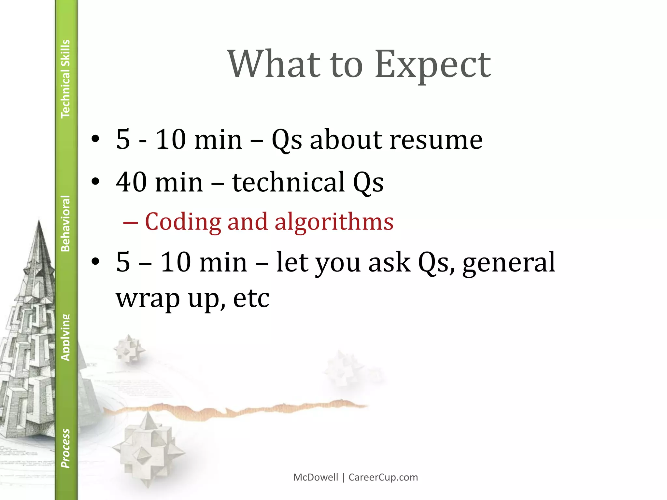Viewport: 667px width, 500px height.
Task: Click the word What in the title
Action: click(x=274, y=64)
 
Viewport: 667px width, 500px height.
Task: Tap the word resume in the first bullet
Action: click(x=436, y=140)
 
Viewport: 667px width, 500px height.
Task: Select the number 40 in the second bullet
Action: click(x=132, y=182)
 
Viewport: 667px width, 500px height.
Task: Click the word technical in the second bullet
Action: click(x=289, y=182)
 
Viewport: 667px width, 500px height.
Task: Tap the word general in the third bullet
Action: click(x=508, y=262)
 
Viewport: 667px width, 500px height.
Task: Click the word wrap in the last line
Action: click(x=148, y=299)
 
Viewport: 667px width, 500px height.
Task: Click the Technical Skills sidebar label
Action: click(x=65, y=79)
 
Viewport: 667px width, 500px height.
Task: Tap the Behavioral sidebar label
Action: click(x=65, y=223)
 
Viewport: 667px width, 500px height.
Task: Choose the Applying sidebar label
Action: click(x=65, y=337)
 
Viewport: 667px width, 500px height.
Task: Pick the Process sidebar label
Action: click(x=65, y=448)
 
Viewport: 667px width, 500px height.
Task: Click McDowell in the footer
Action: click(x=316, y=477)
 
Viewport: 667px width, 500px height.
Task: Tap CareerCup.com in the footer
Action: click(x=383, y=477)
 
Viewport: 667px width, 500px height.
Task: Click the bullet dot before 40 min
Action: click(x=95, y=181)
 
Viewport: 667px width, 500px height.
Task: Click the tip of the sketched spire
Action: click(x=39, y=222)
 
